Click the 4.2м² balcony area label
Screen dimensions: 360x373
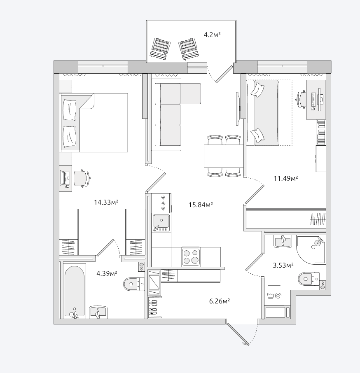tap(212, 35)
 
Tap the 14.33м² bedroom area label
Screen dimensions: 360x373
tap(106, 203)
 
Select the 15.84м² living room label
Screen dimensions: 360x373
tap(201, 205)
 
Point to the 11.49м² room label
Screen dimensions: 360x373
tap(286, 178)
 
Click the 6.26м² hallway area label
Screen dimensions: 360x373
tap(220, 301)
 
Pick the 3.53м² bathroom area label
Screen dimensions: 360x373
tap(283, 265)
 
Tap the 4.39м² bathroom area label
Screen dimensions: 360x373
tap(107, 273)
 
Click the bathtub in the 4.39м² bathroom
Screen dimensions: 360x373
tap(75, 292)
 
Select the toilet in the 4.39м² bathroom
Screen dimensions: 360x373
tap(134, 284)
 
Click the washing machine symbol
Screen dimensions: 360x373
tap(274, 296)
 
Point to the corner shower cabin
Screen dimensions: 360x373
tap(311, 250)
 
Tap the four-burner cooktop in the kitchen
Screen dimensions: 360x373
tap(191, 257)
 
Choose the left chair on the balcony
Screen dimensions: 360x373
tap(160, 49)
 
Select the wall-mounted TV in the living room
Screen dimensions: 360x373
tap(237, 108)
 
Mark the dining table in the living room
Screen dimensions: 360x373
tap(224, 156)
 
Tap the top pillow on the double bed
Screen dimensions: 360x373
tap(70, 110)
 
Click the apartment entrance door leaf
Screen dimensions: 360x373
tap(238, 334)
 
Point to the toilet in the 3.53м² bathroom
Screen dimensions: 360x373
tap(309, 279)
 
